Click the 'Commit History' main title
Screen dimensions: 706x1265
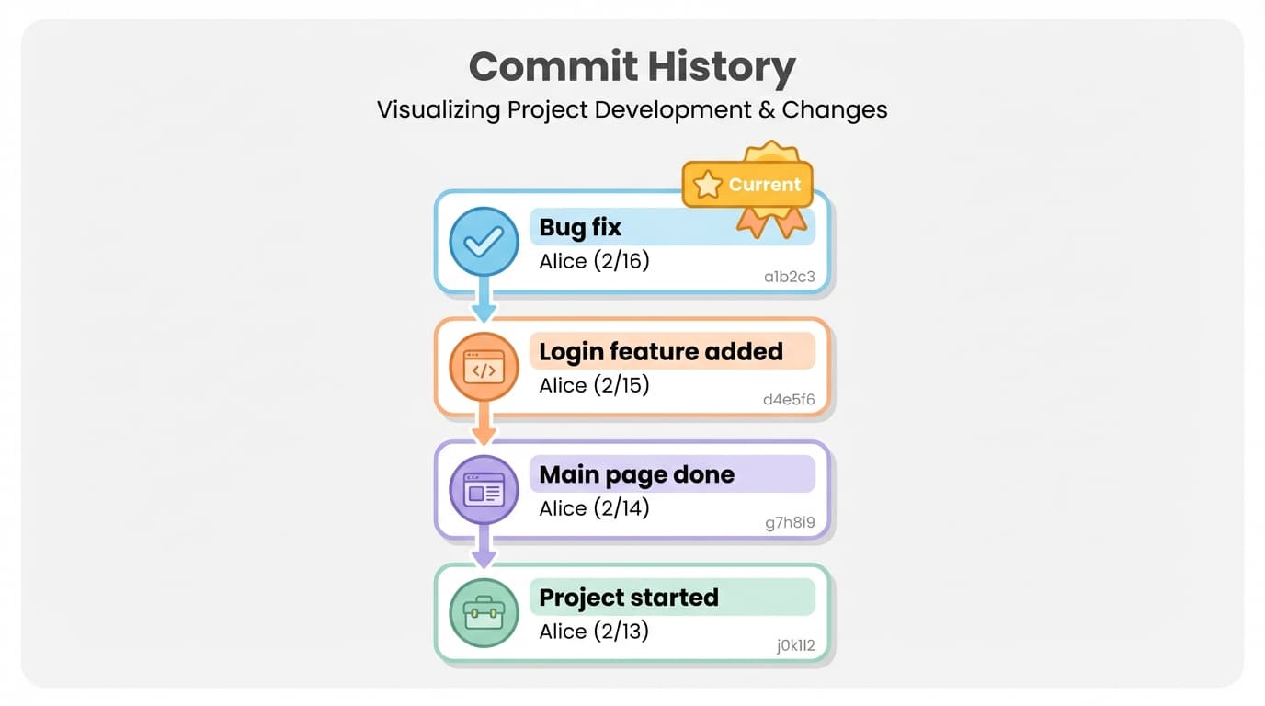coord(632,67)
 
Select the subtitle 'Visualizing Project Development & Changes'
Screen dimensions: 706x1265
coord(632,110)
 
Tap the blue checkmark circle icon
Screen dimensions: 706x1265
coord(484,242)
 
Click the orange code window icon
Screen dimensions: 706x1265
coord(484,367)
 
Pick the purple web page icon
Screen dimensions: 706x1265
coord(484,490)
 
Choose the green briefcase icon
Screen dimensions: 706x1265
coord(484,613)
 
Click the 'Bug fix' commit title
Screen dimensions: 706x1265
coord(580,227)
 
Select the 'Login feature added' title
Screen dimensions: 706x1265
coord(660,351)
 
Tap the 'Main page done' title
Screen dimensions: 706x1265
coord(636,474)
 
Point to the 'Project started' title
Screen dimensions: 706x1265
coord(628,598)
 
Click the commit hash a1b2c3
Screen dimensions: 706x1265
coord(789,277)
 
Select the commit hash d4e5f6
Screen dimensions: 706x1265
coord(789,400)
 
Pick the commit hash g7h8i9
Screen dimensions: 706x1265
coord(790,523)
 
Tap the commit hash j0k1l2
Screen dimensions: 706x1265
coord(795,646)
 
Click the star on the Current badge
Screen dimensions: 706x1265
coord(707,185)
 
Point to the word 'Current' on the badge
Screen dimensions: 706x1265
coord(764,185)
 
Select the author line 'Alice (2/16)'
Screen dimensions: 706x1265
coord(594,261)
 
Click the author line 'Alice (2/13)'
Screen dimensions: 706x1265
coord(594,632)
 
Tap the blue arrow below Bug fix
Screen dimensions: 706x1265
coord(484,307)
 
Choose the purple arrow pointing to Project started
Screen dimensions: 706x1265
coord(484,553)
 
